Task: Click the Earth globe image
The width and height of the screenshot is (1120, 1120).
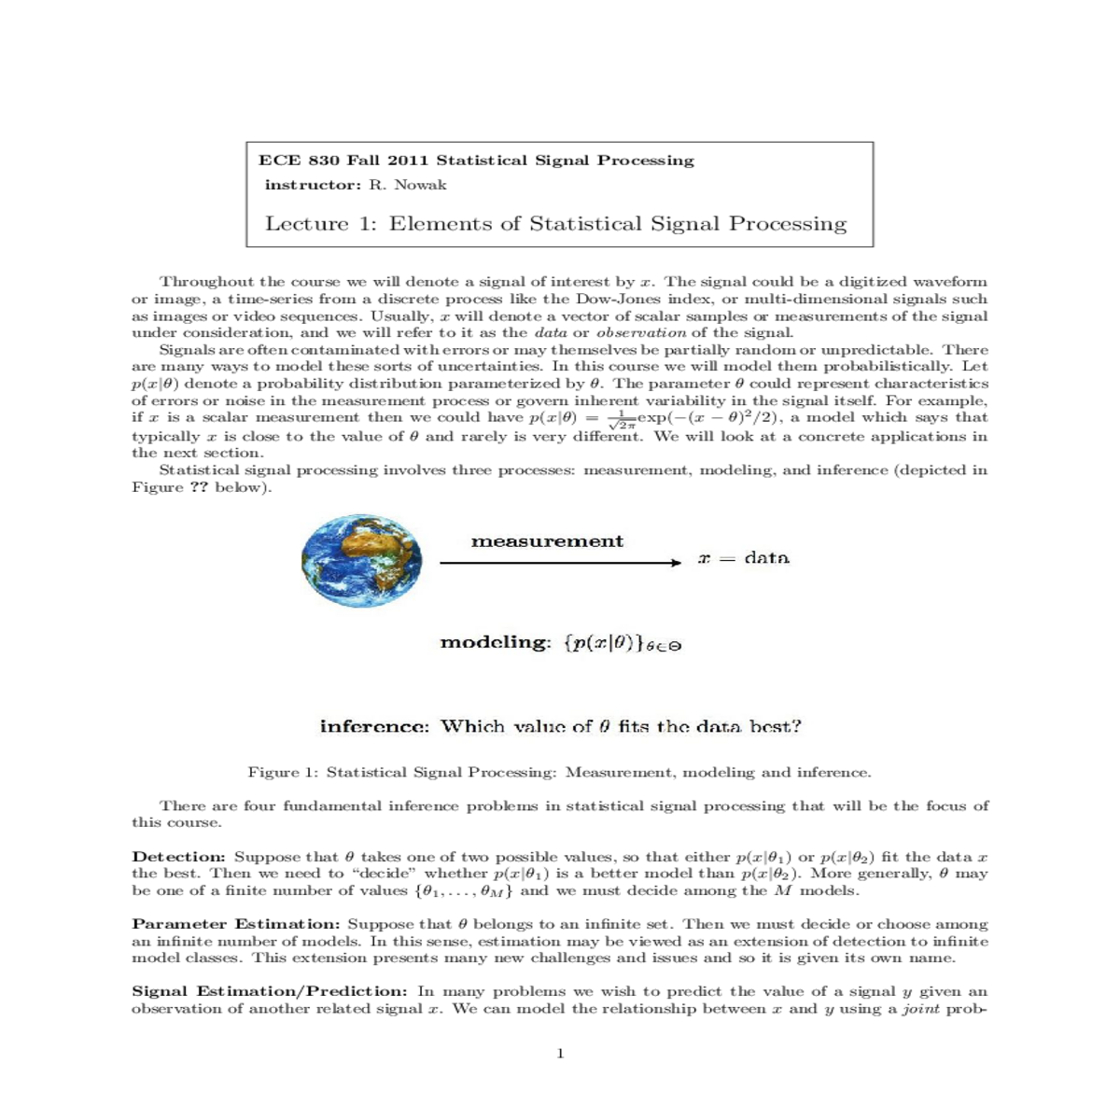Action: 362,563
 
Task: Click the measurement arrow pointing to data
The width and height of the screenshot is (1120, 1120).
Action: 561,563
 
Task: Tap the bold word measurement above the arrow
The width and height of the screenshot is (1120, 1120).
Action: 547,541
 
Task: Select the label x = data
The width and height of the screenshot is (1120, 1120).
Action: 744,558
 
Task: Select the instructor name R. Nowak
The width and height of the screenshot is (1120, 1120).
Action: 407,185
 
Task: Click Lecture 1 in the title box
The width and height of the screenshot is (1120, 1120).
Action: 320,224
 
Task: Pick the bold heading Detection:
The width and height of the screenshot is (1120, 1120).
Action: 178,857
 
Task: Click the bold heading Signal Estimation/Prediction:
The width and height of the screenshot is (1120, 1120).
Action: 269,991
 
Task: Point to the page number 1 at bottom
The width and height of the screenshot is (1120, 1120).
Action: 560,1054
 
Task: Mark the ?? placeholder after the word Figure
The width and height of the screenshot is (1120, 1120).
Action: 199,487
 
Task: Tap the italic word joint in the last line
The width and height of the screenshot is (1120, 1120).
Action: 919,1009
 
